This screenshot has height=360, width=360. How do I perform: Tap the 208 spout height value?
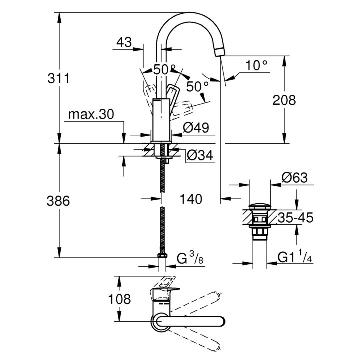(284, 100)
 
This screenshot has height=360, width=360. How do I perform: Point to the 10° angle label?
(257, 65)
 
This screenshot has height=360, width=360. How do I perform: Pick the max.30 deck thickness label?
(91, 114)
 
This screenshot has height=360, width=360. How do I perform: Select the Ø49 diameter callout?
(196, 128)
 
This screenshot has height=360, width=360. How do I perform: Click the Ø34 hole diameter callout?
(200, 156)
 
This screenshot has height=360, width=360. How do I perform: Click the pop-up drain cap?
(260, 206)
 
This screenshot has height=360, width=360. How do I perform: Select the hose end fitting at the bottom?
(162, 254)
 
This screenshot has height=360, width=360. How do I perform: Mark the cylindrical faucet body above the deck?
(162, 120)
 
